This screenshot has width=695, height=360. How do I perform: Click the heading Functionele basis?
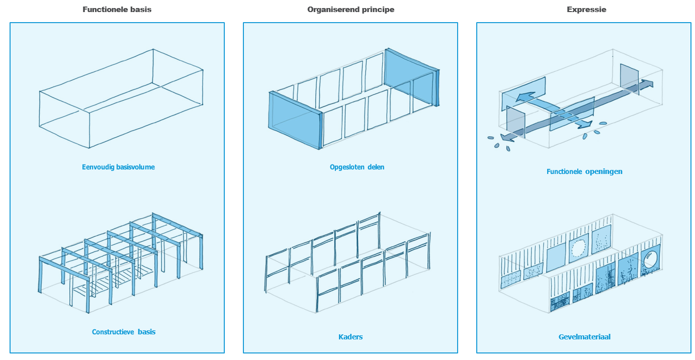click(117, 10)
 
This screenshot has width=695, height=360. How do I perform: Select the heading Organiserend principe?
click(351, 10)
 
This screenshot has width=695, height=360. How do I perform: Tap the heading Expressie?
click(586, 10)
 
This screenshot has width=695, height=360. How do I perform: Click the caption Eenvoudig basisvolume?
click(118, 167)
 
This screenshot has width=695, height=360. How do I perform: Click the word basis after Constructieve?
click(147, 332)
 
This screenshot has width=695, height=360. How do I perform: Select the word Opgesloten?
click(347, 167)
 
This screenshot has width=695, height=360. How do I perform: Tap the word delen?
click(376, 167)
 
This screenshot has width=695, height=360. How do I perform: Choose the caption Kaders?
click(351, 337)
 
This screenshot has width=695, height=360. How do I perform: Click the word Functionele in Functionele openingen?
click(564, 171)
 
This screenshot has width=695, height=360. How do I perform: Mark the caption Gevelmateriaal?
click(584, 337)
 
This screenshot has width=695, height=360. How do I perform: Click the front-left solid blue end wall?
click(295, 120)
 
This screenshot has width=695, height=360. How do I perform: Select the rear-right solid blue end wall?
click(411, 77)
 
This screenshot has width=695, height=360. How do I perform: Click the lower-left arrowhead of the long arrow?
click(506, 137)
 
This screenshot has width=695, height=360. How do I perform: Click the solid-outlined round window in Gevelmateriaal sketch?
click(651, 259)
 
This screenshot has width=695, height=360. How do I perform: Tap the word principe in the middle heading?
click(380, 10)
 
